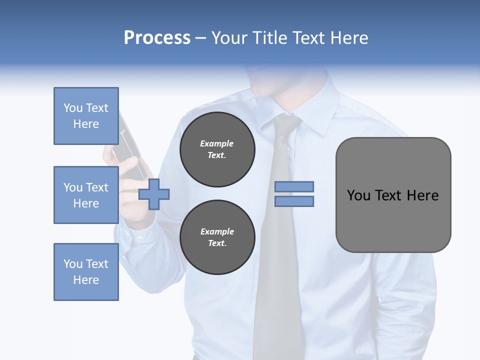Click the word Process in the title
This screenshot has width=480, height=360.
tap(157, 38)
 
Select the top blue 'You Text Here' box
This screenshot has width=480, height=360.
tap(86, 116)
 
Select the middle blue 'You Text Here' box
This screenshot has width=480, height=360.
tap(86, 195)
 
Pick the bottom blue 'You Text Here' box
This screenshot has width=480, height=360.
tap(86, 271)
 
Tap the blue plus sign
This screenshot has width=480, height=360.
tap(154, 193)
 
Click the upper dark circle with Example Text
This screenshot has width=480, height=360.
tap(217, 149)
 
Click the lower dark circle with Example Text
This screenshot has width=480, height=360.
tap(217, 237)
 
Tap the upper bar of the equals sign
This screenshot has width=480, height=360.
tap(294, 186)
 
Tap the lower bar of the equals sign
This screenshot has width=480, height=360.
tap(294, 201)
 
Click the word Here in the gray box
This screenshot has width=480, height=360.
tap(422, 195)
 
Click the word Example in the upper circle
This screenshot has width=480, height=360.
tap(217, 143)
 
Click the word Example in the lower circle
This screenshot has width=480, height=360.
tap(217, 231)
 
